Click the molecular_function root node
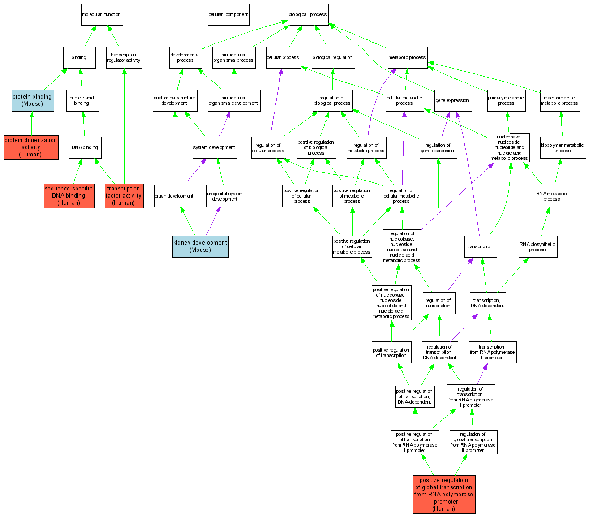[102, 15]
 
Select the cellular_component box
[228, 15]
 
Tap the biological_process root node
[308, 15]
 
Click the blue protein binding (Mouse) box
[33, 100]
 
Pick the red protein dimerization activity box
[31, 147]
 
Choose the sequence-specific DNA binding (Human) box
[69, 196]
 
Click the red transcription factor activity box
[124, 196]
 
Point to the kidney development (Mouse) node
[201, 246]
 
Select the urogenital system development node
[225, 196]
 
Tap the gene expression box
[452, 101]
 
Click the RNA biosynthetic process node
[537, 247]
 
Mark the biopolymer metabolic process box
[563, 148]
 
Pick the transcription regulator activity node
[124, 58]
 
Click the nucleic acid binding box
[82, 101]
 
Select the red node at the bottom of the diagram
[444, 494]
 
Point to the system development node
[215, 148]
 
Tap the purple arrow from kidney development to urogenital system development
[213, 222]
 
